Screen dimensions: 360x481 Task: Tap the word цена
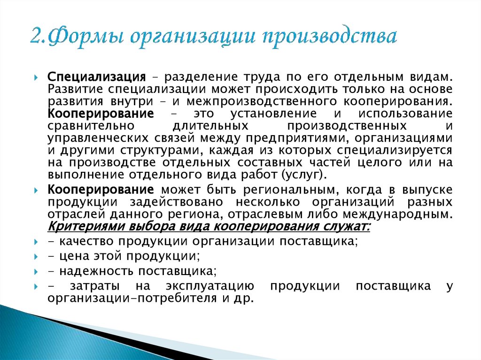[71, 256]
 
